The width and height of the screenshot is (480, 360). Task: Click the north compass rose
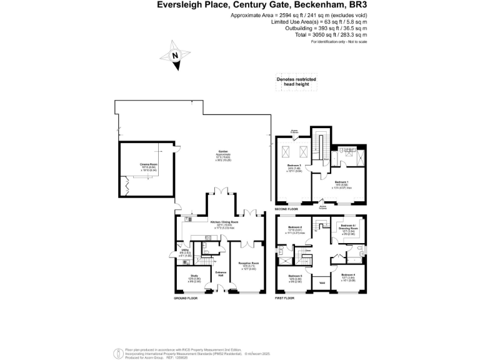(x=176, y=54)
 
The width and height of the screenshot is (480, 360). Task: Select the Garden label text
(x=222, y=152)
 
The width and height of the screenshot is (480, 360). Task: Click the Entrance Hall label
(x=221, y=273)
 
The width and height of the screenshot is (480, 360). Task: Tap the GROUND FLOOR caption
(x=186, y=299)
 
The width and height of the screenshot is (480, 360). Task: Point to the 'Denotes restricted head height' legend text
(x=296, y=82)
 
